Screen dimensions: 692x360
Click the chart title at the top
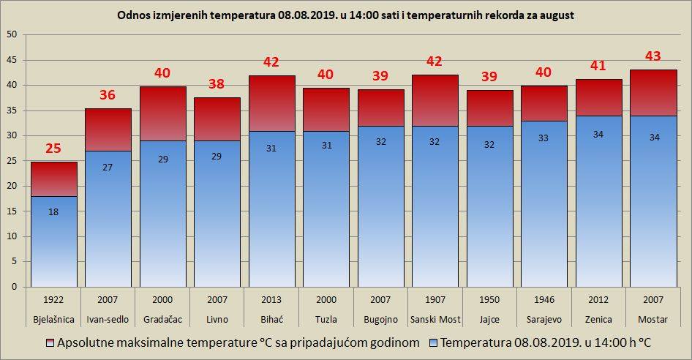[x=345, y=15]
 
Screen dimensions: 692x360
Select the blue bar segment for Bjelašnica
[x=54, y=241]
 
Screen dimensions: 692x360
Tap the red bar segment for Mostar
[x=653, y=93]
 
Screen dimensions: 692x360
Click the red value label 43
[x=653, y=56]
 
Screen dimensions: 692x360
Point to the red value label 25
[x=53, y=149]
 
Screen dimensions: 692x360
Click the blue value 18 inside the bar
[x=53, y=212]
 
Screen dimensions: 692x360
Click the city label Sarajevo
[x=544, y=319]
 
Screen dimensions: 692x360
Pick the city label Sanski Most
[x=435, y=319]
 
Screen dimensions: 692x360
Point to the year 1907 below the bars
[x=435, y=300]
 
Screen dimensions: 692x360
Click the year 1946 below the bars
[x=544, y=300]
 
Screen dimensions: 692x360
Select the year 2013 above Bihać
[x=271, y=300]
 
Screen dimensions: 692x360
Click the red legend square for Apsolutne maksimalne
[x=50, y=342]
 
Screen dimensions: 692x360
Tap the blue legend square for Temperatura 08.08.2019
[x=433, y=342]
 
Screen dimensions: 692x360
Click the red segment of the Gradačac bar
[x=163, y=113]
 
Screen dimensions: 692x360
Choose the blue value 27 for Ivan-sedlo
[x=108, y=168]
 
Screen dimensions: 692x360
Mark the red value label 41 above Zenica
[x=598, y=65]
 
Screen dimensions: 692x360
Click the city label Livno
[x=217, y=319]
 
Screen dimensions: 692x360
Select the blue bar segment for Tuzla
[x=326, y=209]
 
